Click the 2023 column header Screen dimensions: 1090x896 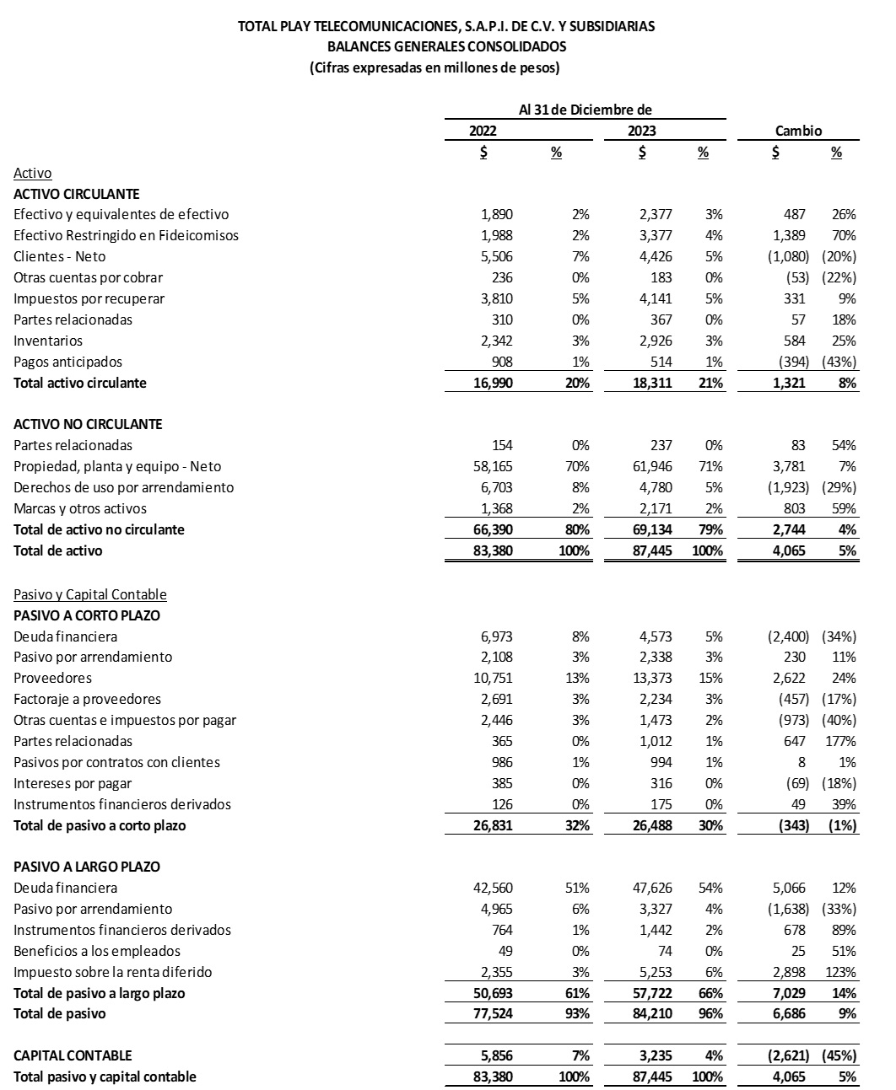pyautogui.click(x=641, y=131)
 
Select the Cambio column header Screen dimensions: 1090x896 pyautogui.click(x=798, y=131)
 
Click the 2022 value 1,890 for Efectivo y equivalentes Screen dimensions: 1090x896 pyautogui.click(x=496, y=215)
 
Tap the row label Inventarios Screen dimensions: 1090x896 pyautogui.click(x=48, y=341)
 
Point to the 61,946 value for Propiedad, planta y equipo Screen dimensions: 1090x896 pyautogui.click(x=656, y=467)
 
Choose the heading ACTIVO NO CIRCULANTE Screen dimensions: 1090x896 pyautogui.click(x=88, y=424)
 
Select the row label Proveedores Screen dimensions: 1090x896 pyautogui.click(x=52, y=679)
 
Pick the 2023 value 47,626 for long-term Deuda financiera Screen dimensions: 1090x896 pyautogui.click(x=656, y=889)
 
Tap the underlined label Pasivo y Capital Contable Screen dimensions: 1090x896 pyautogui.click(x=90, y=594)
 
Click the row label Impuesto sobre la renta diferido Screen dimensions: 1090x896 pyautogui.click(x=113, y=972)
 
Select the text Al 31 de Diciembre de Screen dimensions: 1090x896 pyautogui.click(x=585, y=110)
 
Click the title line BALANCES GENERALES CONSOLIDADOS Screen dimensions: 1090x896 pyautogui.click(x=446, y=47)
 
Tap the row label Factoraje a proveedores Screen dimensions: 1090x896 pyautogui.click(x=87, y=700)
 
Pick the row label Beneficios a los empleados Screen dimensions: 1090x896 pyautogui.click(x=97, y=951)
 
